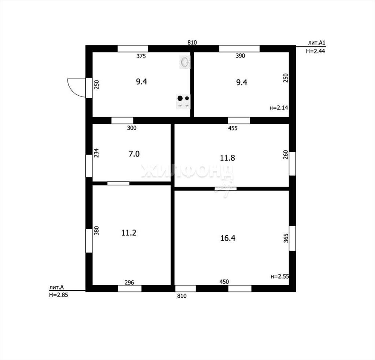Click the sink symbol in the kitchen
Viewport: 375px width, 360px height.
click(x=185, y=62)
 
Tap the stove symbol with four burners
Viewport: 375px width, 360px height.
click(x=183, y=102)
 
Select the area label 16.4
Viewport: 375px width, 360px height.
click(x=228, y=238)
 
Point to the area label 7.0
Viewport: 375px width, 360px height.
click(x=134, y=154)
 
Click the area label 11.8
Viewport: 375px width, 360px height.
click(x=227, y=158)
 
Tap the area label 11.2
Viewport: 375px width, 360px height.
click(x=129, y=233)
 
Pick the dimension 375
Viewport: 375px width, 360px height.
click(x=141, y=56)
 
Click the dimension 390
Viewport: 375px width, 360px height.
click(x=240, y=56)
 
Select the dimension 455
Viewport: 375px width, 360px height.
click(x=233, y=128)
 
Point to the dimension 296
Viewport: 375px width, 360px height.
click(x=129, y=282)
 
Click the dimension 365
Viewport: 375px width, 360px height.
click(x=286, y=238)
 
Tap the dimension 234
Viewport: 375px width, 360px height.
click(x=96, y=153)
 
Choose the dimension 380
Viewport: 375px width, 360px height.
click(x=96, y=231)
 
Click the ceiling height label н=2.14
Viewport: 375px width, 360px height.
click(x=279, y=108)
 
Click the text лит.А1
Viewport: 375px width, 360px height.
click(x=317, y=43)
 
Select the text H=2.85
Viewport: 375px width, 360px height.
click(x=59, y=295)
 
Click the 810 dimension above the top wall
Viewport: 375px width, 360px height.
click(x=192, y=43)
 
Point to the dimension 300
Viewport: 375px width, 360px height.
click(x=131, y=128)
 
